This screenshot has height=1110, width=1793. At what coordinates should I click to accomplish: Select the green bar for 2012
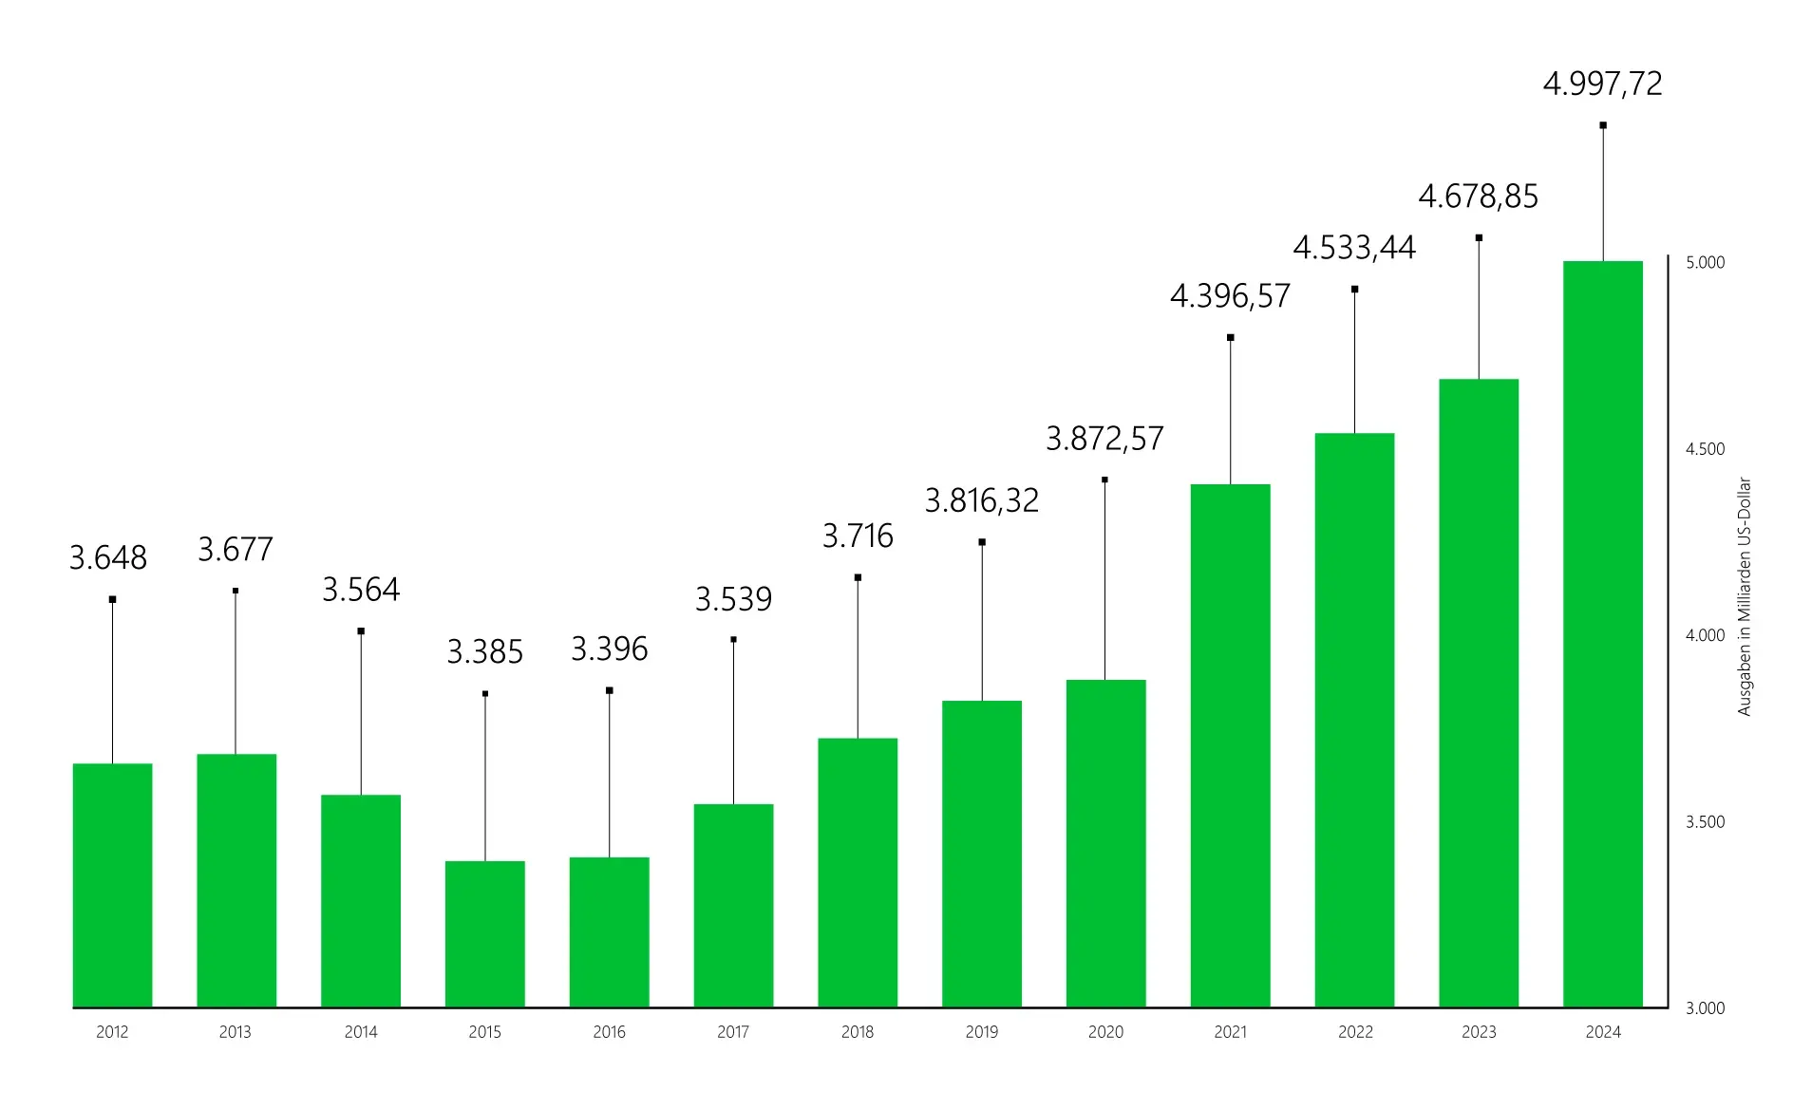[x=112, y=885]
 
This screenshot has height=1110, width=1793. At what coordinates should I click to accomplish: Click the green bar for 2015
[x=484, y=933]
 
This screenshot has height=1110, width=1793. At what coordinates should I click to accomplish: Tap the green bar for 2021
[x=1230, y=745]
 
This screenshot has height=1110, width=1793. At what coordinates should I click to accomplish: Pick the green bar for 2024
[x=1602, y=633]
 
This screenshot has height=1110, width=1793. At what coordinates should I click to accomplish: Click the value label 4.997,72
[x=1602, y=84]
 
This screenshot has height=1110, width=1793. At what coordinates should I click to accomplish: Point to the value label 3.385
[x=484, y=652]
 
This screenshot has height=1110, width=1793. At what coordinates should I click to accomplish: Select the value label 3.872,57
[x=1104, y=439]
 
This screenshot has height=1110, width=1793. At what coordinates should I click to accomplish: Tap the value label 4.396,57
[x=1230, y=296]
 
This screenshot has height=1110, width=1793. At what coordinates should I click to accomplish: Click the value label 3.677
[x=236, y=550]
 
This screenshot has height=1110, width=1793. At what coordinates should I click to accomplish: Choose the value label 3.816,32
[x=982, y=500]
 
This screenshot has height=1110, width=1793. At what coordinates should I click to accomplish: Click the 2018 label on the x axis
[x=858, y=1032]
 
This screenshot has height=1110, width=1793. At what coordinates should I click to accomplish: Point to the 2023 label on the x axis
[x=1479, y=1032]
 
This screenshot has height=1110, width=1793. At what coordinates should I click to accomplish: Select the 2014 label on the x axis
[x=361, y=1032]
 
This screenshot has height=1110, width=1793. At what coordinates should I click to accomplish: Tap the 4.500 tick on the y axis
[x=1705, y=449]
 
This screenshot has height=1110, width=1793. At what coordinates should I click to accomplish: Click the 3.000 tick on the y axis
[x=1705, y=1008]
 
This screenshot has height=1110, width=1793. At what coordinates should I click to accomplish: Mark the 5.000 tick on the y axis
[x=1705, y=263]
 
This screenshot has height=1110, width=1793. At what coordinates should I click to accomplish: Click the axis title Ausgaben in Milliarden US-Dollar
[x=1744, y=596]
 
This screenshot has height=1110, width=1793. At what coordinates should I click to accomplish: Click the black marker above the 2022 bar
[x=1354, y=290]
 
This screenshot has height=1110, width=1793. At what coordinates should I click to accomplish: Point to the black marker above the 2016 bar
[x=610, y=690]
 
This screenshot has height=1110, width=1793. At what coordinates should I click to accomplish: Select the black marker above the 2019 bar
[x=982, y=542]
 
